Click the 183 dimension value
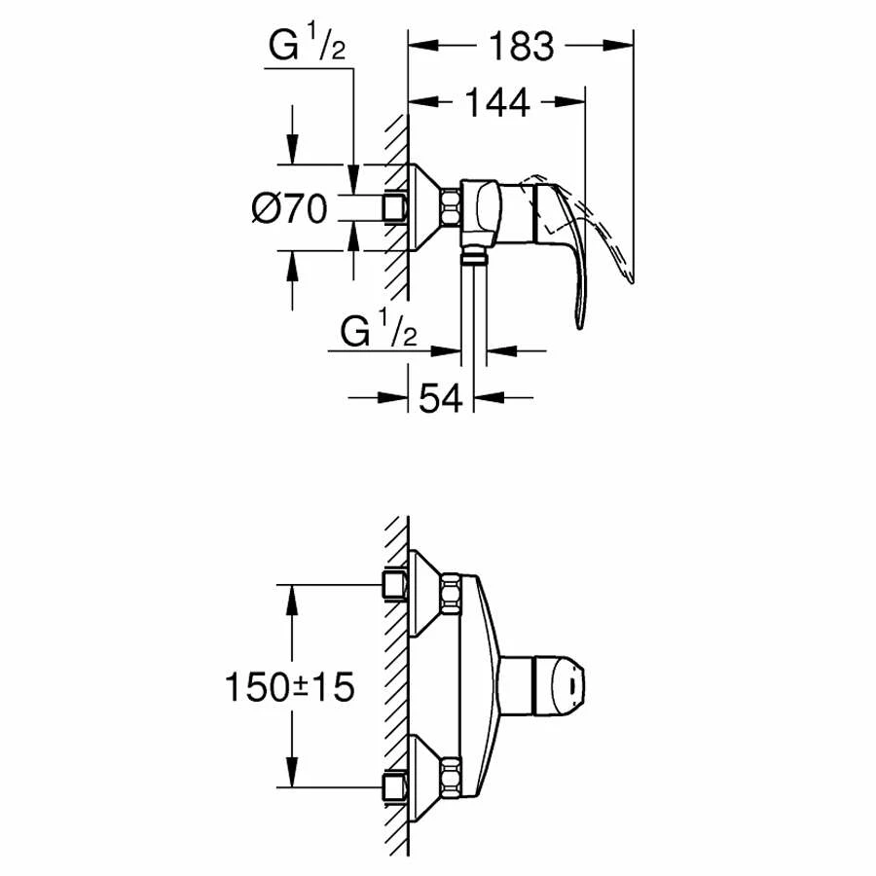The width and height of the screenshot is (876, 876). click(x=522, y=46)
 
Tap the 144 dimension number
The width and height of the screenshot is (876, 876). click(x=497, y=102)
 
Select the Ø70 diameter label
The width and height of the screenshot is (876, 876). click(x=289, y=208)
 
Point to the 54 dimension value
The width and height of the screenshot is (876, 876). click(x=441, y=398)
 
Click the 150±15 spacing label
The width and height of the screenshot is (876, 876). click(x=289, y=686)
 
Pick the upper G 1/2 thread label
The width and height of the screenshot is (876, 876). click(x=307, y=45)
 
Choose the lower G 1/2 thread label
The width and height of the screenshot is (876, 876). click(x=379, y=330)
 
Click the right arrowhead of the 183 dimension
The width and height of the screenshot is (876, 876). click(x=618, y=45)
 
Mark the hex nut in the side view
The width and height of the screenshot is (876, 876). click(x=452, y=208)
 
